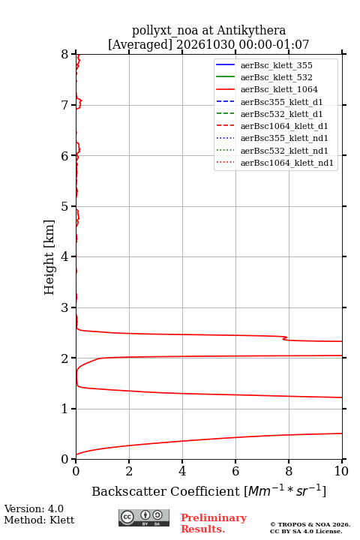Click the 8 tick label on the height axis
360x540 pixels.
tap(65, 54)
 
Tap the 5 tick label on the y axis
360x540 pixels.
tap(65, 206)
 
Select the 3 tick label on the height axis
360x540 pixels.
tap(65, 307)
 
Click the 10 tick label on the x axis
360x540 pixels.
tap(341, 471)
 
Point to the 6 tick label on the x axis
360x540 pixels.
tap(235, 471)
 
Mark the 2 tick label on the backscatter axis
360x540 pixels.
tap(129, 471)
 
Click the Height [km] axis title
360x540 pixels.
tap(49, 257)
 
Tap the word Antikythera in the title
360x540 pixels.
tap(251, 30)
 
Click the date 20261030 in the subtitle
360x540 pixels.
tap(205, 44)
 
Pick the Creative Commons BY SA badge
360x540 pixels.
tap(144, 517)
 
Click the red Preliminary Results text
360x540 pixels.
tap(214, 523)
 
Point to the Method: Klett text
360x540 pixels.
tap(39, 520)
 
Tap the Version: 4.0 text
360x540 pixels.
tap(34, 508)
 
